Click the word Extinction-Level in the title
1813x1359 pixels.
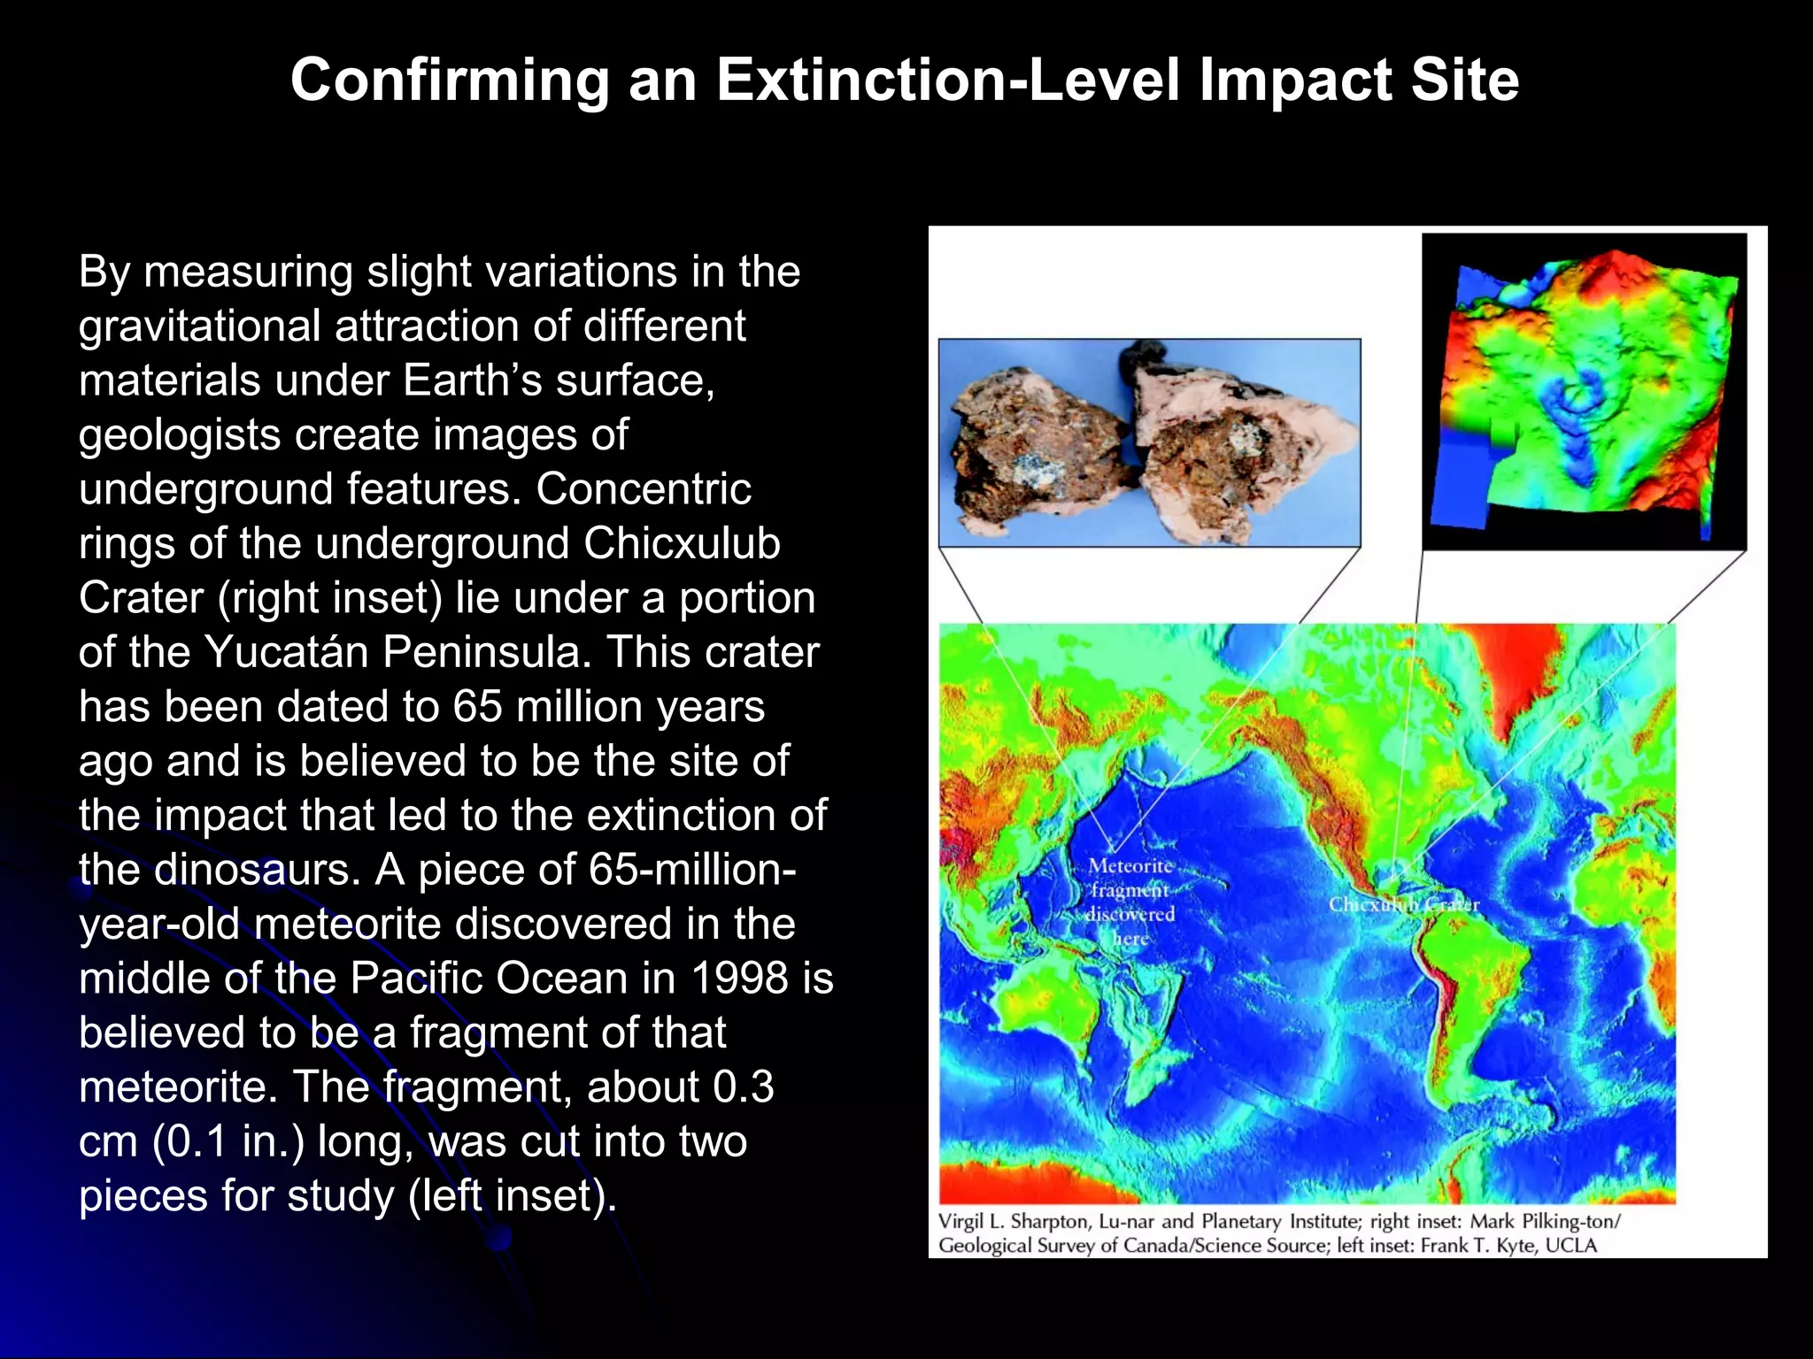pos(947,81)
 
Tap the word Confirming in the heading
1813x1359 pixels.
pos(450,81)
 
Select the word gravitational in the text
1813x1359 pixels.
pos(198,326)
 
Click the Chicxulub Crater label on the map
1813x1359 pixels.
pos(1404,904)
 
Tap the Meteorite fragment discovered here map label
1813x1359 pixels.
pos(1130,902)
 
